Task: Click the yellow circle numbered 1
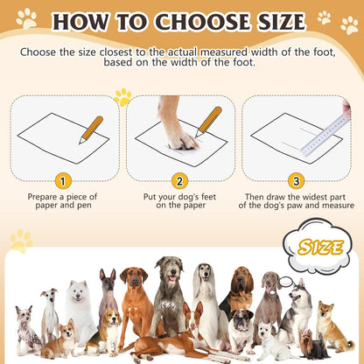61,181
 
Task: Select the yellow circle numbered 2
179,181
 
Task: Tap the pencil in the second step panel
208,121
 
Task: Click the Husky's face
300,292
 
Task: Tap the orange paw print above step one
122,96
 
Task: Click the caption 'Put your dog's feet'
179,197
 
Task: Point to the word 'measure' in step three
333,207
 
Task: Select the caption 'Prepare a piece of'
61,197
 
